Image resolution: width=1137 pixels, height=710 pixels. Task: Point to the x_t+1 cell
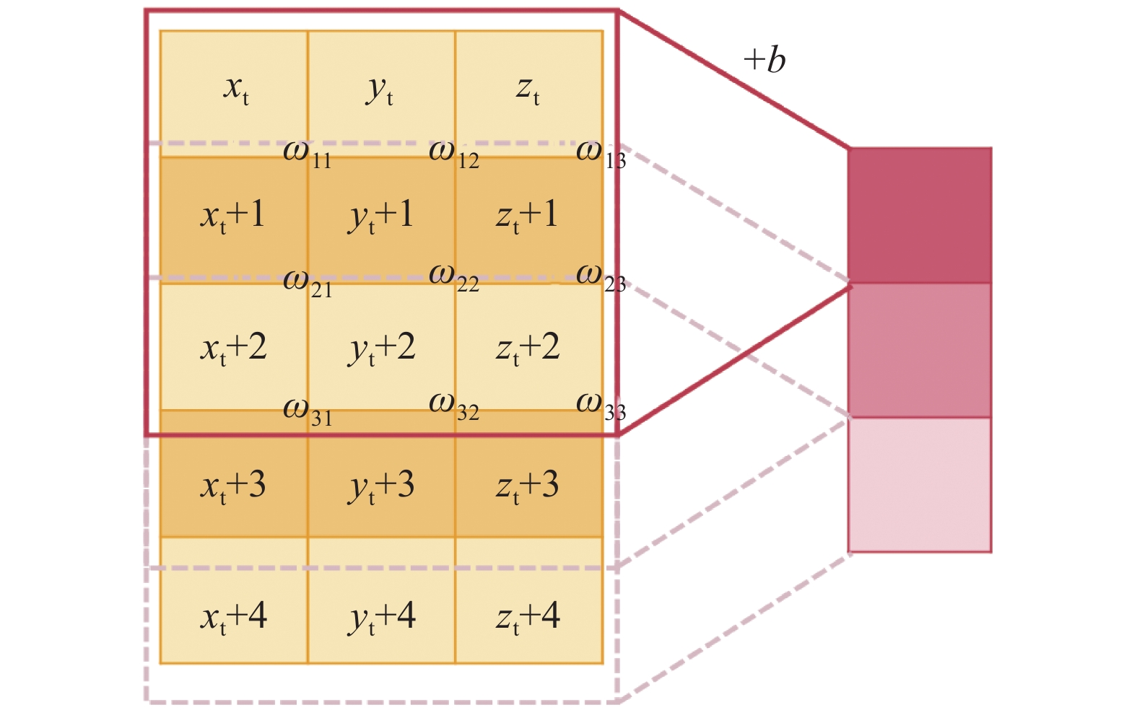[x=233, y=216]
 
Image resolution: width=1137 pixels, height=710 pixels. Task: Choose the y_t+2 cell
[x=382, y=348]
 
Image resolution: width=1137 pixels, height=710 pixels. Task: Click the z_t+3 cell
[x=528, y=486]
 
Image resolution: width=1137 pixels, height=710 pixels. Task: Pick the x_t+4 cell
[x=233, y=617]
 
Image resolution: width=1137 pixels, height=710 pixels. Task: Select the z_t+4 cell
[x=528, y=617]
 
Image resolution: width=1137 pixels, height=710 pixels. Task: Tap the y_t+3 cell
[x=382, y=486]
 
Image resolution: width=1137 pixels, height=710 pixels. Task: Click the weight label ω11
[x=308, y=154]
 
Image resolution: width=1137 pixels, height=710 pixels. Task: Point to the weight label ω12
[x=454, y=154]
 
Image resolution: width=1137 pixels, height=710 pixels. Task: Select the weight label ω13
[x=601, y=154]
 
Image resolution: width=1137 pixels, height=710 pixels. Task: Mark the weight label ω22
[x=454, y=278]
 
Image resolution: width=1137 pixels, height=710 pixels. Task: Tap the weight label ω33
[x=601, y=407]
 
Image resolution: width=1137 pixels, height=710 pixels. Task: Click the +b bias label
[x=764, y=60]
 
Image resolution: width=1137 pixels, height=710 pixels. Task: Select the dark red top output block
[x=920, y=215]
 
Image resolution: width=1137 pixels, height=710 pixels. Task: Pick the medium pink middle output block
[x=920, y=350]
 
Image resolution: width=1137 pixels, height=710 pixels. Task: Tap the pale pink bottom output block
[x=920, y=485]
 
